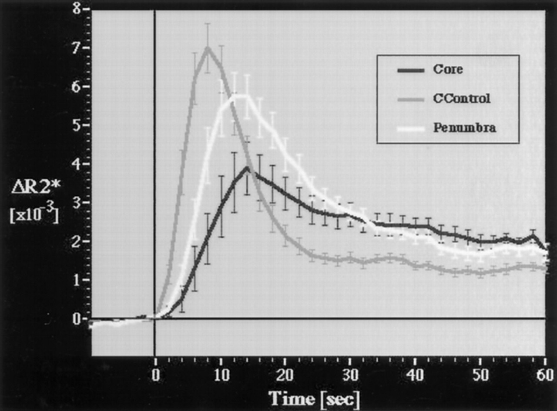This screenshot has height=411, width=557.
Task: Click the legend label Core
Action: [448, 70]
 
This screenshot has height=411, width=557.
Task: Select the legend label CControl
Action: [462, 99]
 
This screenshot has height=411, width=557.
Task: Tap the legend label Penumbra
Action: [464, 128]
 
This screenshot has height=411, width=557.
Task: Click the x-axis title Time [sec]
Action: [314, 398]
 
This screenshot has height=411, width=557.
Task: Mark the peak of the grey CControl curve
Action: [208, 47]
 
